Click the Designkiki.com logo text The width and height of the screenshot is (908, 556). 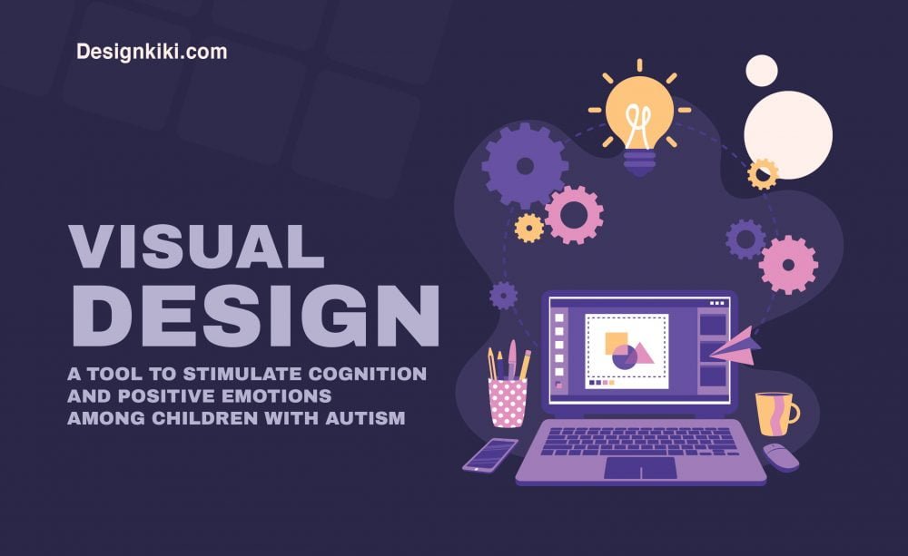(152, 52)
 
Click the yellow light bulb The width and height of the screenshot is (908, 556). (639, 112)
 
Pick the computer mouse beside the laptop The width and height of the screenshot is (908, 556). (780, 456)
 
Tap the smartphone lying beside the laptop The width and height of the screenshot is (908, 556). (489, 454)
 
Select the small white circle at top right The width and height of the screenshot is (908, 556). (761, 70)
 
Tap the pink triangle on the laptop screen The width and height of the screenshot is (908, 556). (642, 352)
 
